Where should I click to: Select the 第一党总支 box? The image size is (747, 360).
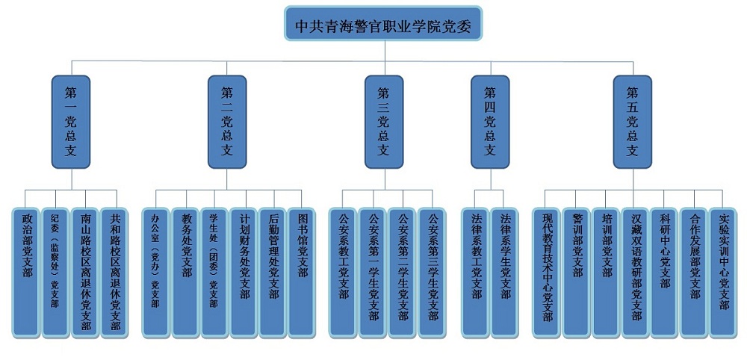(x=72, y=121)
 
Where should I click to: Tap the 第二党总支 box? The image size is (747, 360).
(x=227, y=121)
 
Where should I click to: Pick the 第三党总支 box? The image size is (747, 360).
(x=383, y=121)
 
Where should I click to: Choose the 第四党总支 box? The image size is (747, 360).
(x=490, y=121)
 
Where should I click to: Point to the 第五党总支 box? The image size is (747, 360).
(x=632, y=121)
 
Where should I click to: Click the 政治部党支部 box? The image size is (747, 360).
(x=28, y=272)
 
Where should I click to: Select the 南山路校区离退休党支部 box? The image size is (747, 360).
(x=86, y=272)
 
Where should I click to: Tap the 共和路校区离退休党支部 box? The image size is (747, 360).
(x=115, y=272)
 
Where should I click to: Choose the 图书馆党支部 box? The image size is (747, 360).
(x=302, y=272)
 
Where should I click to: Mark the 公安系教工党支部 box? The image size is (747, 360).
(x=344, y=272)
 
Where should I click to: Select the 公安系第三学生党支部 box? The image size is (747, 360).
(x=432, y=272)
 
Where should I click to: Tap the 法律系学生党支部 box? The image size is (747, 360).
(x=506, y=272)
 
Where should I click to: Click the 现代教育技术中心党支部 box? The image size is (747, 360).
(x=548, y=272)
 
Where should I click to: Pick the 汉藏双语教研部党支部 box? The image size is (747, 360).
(x=636, y=272)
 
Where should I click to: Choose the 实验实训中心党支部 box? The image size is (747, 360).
(x=723, y=272)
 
